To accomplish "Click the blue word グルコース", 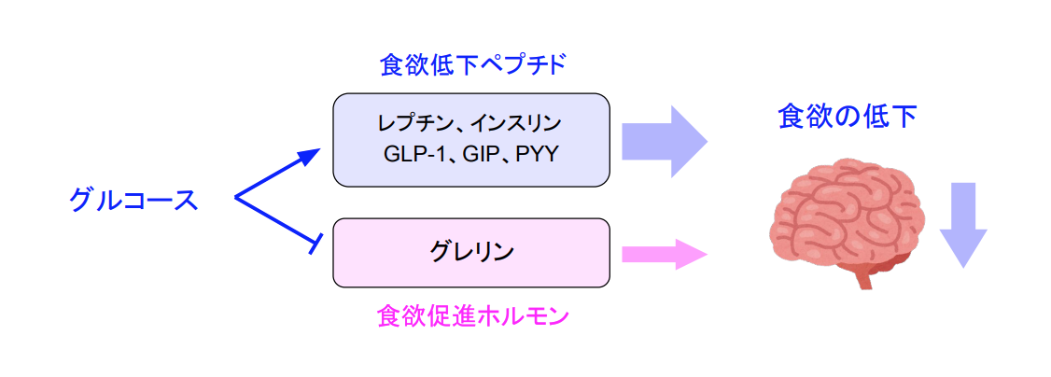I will tap(133, 200).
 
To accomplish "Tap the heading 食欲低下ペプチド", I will tap(473, 65).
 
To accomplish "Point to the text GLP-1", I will tap(412, 154).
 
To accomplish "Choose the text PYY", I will tap(536, 154).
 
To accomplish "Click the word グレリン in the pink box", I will tap(472, 251).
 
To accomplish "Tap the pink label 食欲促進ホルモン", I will tap(472, 316).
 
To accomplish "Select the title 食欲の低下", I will tap(847, 117).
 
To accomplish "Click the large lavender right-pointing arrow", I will tap(665, 140).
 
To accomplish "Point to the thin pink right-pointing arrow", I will tap(663, 253).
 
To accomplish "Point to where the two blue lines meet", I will tap(236, 198).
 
